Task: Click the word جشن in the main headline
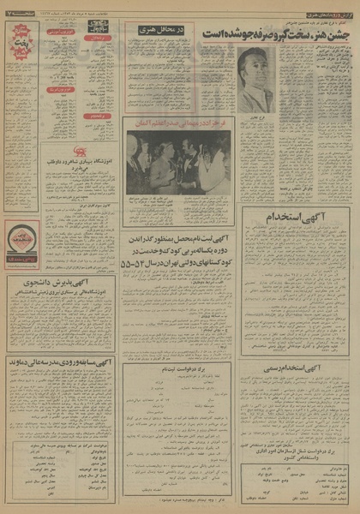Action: pos(339,33)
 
